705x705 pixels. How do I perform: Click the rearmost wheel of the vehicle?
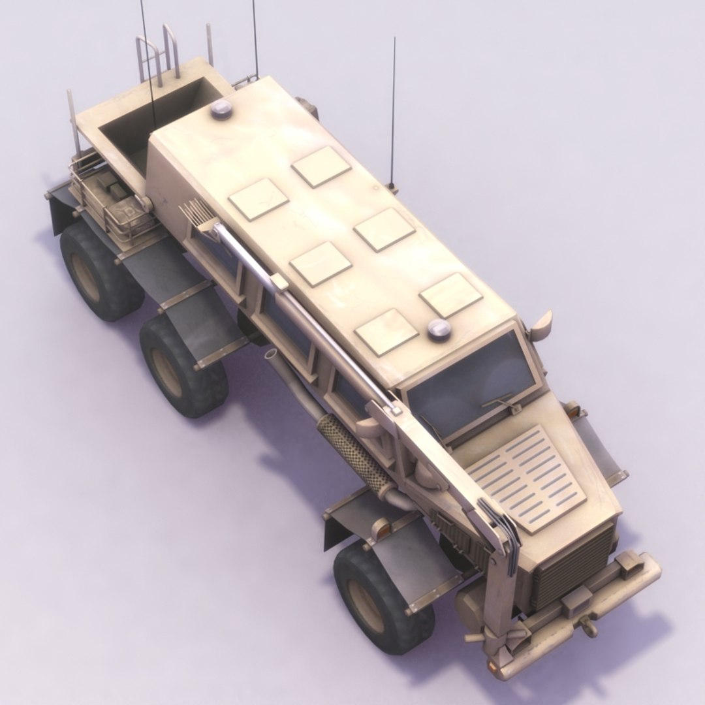click(98, 271)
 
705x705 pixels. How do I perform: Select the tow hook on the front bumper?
click(589, 627)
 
